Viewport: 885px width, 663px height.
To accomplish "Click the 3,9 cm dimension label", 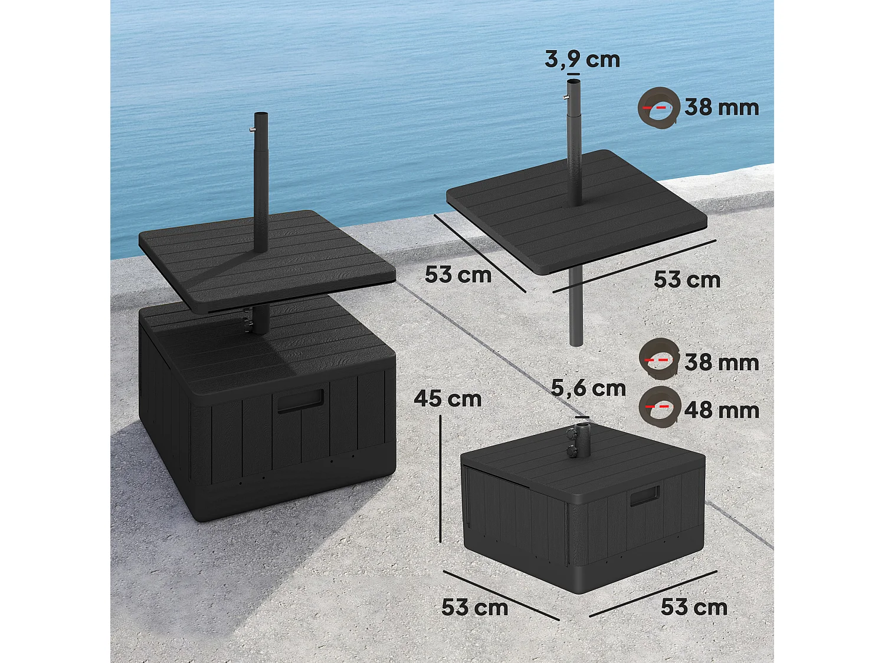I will tap(582, 60).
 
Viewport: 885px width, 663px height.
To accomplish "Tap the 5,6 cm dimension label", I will tap(588, 388).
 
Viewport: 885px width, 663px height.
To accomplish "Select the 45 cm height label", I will tap(448, 399).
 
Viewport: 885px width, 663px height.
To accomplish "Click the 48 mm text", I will tap(722, 410).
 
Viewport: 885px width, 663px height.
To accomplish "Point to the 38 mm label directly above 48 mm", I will tap(722, 362).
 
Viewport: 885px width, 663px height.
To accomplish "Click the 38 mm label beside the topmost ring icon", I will tap(722, 107).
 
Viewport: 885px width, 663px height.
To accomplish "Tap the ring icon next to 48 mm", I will tap(659, 407).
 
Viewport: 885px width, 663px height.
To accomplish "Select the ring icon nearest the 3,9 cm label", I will tap(658, 107).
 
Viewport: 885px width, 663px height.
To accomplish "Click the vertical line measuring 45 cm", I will tap(441, 477).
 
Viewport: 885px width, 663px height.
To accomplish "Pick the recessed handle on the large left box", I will tap(301, 400).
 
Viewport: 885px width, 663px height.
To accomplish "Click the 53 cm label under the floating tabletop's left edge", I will tap(458, 275).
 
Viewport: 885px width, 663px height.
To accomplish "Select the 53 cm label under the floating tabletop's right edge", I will tap(687, 279).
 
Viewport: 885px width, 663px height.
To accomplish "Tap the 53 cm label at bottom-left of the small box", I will tap(474, 607).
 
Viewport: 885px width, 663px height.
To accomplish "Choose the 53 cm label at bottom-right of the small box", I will tap(694, 607).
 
